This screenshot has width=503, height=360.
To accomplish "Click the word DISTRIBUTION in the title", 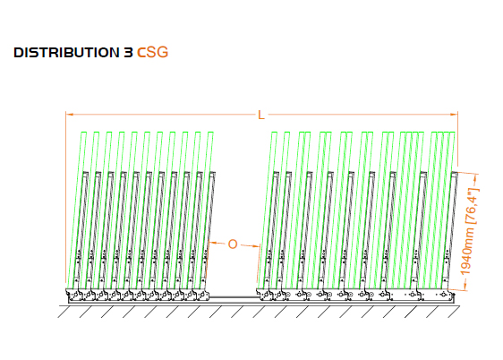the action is click(x=66, y=53).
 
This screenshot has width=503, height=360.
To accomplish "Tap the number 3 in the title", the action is click(x=128, y=53).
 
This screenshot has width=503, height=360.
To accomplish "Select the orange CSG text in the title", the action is click(x=153, y=52).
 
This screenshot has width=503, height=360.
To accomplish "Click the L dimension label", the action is click(x=261, y=116).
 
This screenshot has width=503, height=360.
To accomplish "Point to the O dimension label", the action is click(x=233, y=244).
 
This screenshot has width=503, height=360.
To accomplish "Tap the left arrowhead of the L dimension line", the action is click(x=70, y=114).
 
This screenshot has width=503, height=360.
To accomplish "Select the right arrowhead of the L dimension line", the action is click(x=454, y=114).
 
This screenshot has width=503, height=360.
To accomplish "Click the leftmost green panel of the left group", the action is click(x=76, y=210).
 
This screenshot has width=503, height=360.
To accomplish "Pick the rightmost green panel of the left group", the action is click(x=204, y=210).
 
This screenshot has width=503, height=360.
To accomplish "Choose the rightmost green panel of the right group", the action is click(x=447, y=210).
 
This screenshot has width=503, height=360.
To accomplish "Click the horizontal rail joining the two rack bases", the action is click(x=233, y=297).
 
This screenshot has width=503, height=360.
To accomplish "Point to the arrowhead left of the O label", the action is click(x=213, y=243).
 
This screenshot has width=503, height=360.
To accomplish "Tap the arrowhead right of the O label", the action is click(x=255, y=246).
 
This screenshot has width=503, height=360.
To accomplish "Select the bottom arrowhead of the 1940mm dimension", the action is click(x=465, y=286).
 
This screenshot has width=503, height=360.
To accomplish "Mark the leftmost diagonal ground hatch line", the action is click(x=64, y=312).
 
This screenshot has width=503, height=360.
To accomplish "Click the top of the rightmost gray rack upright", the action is click(x=455, y=174).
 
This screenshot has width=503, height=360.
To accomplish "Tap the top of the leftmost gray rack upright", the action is click(x=85, y=174).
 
